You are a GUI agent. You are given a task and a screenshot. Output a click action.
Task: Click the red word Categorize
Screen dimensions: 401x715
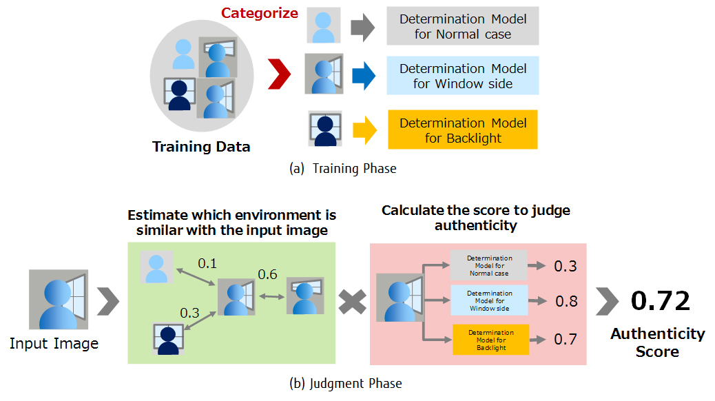click(x=260, y=13)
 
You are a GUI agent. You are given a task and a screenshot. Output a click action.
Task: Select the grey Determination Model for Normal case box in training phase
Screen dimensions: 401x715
click(x=463, y=26)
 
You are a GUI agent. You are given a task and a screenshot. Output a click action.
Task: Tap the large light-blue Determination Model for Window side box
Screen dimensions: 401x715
click(x=463, y=76)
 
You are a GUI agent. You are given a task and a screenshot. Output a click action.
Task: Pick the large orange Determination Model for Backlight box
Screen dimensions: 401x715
click(x=463, y=130)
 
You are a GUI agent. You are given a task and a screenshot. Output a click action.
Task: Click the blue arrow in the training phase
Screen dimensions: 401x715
click(x=362, y=76)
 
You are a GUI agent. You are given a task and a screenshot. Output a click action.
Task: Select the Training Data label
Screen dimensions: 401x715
click(x=201, y=147)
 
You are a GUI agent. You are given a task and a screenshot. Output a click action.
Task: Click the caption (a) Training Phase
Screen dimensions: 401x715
click(x=342, y=168)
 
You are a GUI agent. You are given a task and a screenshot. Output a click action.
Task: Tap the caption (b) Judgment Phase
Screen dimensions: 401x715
click(x=346, y=382)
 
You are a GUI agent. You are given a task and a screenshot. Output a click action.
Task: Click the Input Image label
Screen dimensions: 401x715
click(x=54, y=343)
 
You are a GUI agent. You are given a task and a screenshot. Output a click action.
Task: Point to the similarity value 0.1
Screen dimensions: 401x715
click(x=207, y=264)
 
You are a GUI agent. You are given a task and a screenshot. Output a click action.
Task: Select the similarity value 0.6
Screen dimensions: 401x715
click(x=267, y=274)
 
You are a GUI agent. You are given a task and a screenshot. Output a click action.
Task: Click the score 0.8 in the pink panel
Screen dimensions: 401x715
click(x=566, y=301)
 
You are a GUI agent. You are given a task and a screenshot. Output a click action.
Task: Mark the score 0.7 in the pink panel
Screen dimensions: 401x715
click(x=566, y=339)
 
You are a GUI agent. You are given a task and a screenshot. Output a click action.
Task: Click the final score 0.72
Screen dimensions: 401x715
click(x=660, y=301)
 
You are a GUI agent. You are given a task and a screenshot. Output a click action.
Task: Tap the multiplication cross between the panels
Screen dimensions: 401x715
click(x=352, y=301)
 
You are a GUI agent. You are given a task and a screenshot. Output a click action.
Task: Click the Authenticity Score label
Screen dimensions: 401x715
click(x=657, y=342)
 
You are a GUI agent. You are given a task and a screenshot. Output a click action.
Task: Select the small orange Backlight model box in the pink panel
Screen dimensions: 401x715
click(x=490, y=340)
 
